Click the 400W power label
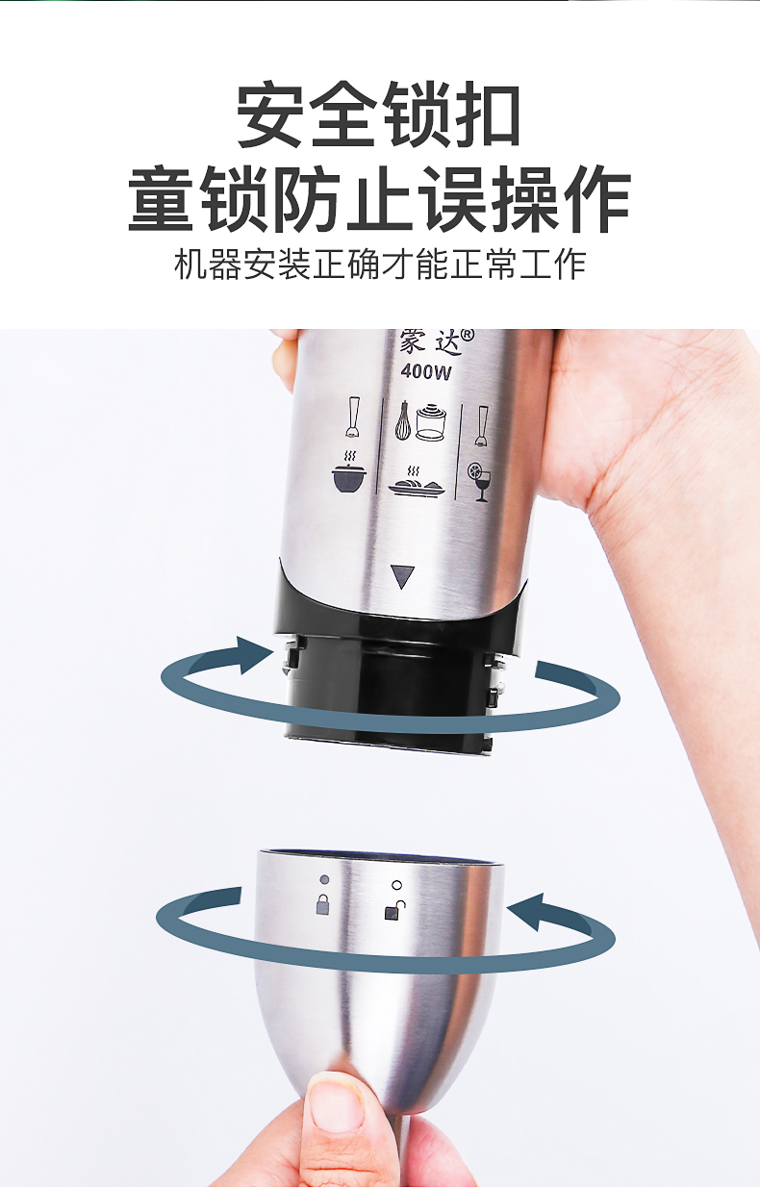click(426, 371)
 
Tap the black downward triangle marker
click(402, 576)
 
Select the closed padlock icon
click(322, 904)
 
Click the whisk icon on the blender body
click(403, 420)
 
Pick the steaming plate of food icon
click(417, 481)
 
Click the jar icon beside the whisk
click(431, 422)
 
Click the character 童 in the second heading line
click(160, 198)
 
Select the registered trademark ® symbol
click(467, 335)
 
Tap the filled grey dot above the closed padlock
click(324, 880)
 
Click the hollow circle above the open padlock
click(396, 885)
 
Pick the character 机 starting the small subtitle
click(190, 264)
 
